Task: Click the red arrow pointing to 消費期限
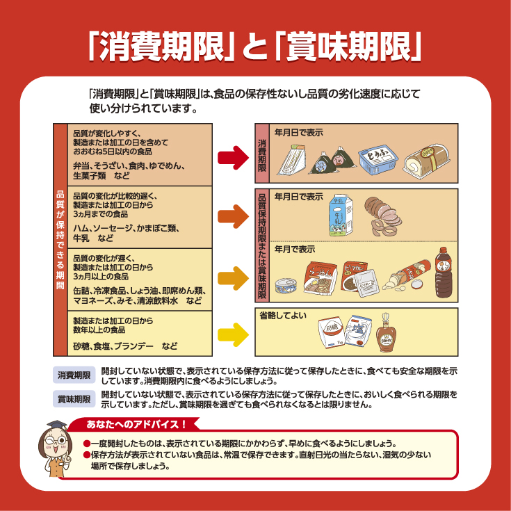[x=234, y=158]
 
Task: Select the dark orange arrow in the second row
[x=234, y=217]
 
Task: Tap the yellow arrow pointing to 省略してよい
[x=234, y=334]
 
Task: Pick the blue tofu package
[x=378, y=159]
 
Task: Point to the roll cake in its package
[x=426, y=161]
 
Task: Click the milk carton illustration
[x=341, y=216]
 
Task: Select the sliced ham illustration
[x=382, y=216]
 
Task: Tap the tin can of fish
[x=286, y=286]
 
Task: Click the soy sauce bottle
[x=444, y=273]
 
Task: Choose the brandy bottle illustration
[x=386, y=333]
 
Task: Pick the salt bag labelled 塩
[x=358, y=331]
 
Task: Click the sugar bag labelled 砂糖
[x=332, y=332]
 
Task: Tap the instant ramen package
[x=320, y=278]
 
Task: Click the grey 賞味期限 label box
[x=74, y=399]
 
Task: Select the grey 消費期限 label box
[x=74, y=375]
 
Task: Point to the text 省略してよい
[x=283, y=316]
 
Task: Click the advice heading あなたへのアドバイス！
[x=136, y=424]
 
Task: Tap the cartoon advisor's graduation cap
[x=57, y=425]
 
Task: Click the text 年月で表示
[x=295, y=250]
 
